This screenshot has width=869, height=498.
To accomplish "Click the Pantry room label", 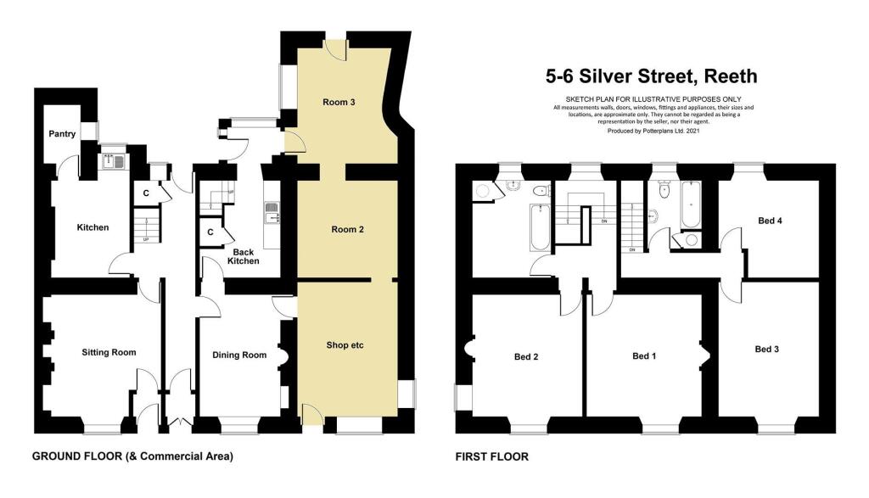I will (x=62, y=134).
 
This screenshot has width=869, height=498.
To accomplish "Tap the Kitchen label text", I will (x=93, y=227).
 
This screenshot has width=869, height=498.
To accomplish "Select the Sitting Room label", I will (x=109, y=352).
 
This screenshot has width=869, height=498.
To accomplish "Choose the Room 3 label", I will (x=339, y=103).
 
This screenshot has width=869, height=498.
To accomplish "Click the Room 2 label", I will (x=346, y=229).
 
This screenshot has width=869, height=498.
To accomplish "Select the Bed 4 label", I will (x=770, y=221).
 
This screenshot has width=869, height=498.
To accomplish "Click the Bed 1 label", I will (x=644, y=356).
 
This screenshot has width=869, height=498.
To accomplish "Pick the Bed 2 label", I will (x=526, y=356).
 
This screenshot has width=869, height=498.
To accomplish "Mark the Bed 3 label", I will (x=766, y=349).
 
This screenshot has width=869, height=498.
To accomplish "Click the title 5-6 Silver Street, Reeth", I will (x=651, y=77).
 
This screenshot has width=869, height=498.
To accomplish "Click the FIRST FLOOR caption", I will (x=492, y=456).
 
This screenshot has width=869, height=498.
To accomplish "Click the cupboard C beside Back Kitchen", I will (x=210, y=232).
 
